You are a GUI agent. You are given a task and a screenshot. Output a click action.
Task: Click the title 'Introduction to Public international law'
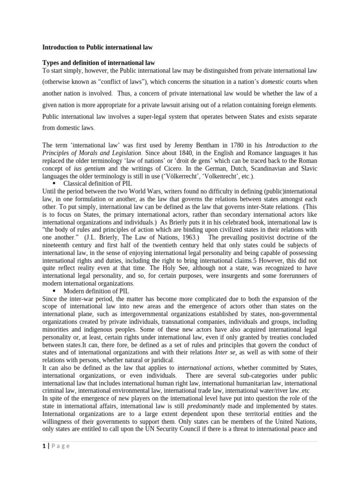click(x=97, y=47)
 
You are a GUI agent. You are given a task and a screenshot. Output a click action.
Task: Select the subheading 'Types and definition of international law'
click(x=99, y=62)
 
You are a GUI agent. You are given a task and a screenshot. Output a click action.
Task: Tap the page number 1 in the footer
click(x=44, y=446)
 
